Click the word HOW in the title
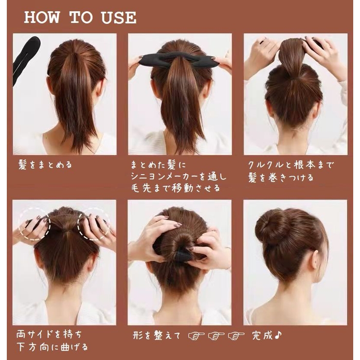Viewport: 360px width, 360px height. tap(42, 18)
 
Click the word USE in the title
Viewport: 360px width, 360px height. tap(119, 18)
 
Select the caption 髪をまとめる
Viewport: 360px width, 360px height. tap(45, 165)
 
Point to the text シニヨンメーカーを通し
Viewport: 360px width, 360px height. tap(179, 177)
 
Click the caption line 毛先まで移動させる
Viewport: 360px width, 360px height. tap(176, 188)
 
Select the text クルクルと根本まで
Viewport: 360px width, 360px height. tap(291, 165)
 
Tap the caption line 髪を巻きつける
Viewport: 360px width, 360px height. tap(281, 178)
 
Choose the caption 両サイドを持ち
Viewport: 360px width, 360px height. tap(49, 335)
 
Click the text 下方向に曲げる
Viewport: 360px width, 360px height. tap(52, 347)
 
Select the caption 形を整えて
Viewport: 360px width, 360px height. tap(157, 336)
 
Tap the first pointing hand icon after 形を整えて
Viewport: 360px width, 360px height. tap(197, 336)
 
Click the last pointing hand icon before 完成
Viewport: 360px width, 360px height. tap(236, 336)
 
